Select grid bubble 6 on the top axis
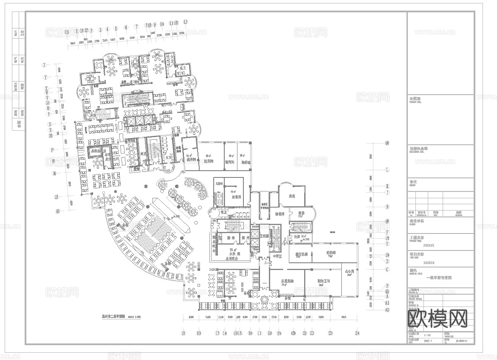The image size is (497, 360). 126,27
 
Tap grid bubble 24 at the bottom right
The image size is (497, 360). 357,333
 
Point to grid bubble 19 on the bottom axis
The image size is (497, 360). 279,333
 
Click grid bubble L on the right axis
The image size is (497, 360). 387,169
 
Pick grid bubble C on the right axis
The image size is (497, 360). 387,269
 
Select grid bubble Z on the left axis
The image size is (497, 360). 44,65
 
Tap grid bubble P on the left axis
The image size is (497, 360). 52,149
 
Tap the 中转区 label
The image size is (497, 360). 277,256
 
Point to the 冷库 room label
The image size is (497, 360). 297,236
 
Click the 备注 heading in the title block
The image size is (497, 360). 413,182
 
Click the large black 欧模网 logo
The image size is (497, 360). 437,318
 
